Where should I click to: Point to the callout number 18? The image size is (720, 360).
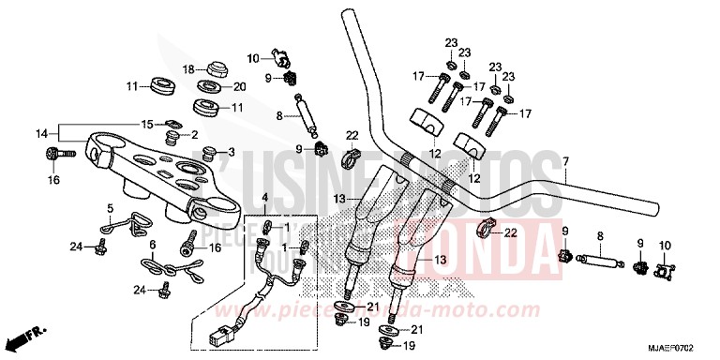coord(187,69)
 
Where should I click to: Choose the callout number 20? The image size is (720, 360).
coord(239,87)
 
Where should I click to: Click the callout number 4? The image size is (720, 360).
coord(265,197)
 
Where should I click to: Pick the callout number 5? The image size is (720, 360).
coord(110,208)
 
